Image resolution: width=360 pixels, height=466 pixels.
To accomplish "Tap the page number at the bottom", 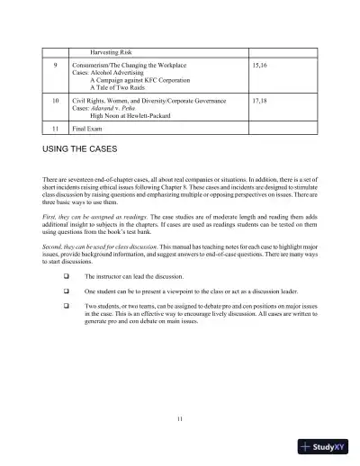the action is (x=180, y=419).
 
